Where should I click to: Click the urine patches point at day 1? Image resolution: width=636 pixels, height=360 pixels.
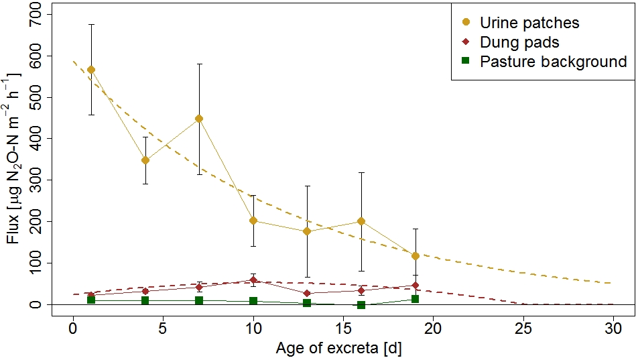coord(91,70)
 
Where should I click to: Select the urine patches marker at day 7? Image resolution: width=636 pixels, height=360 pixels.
coord(199,119)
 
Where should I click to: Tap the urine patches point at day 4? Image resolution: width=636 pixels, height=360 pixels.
coord(145,160)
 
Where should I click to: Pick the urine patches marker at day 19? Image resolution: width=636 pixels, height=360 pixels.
coord(416,256)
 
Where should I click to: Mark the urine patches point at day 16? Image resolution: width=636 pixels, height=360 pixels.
coord(361,221)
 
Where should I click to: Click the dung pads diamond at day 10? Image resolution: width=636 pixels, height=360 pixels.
coord(253,280)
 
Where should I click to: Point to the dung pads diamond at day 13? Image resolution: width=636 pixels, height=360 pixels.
coord(307,293)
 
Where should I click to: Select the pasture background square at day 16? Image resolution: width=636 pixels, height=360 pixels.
coord(361,305)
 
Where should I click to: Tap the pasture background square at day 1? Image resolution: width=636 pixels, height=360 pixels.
coord(91,300)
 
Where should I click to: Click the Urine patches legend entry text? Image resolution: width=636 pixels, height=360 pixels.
coord(529,23)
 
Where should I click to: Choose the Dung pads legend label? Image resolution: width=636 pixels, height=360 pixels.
coord(519,42)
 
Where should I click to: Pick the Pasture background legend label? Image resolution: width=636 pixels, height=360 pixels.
coord(553,62)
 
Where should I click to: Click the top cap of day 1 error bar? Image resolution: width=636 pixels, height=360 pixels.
coord(91,24)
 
